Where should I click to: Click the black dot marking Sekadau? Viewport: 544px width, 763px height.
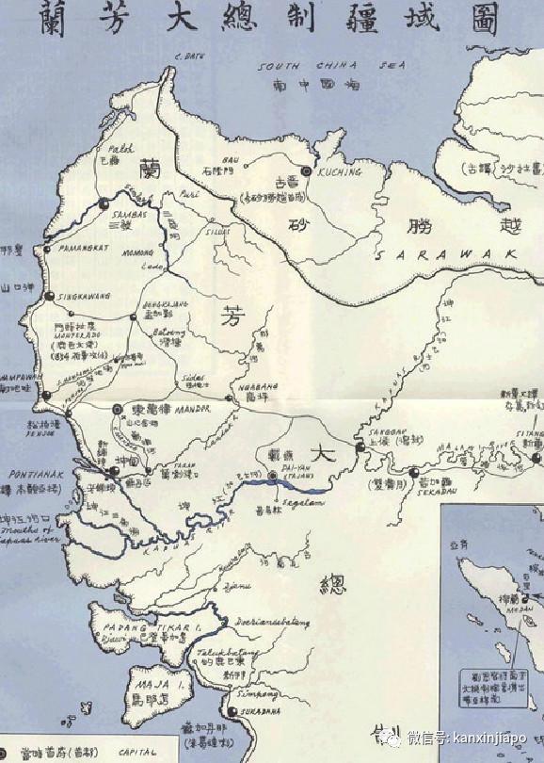point(416,472)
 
